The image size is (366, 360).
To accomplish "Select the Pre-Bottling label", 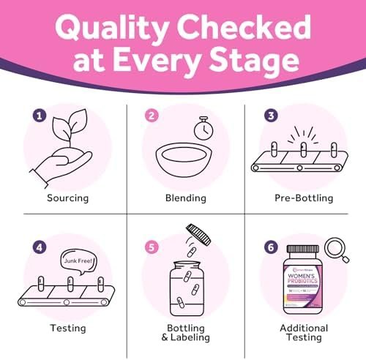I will tap(305, 197).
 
